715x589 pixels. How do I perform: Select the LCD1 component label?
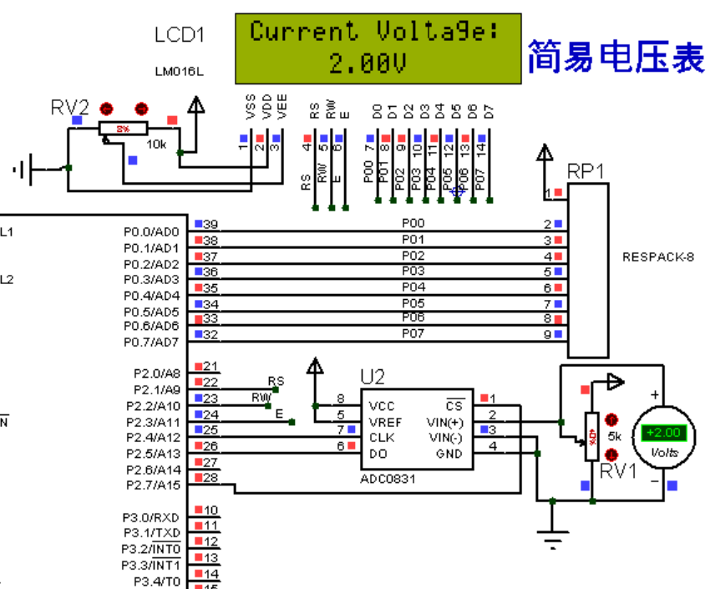tap(179, 35)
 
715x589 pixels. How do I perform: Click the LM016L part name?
tap(179, 72)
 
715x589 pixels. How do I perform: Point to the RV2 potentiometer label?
tap(70, 107)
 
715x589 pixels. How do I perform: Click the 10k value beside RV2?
tap(156, 144)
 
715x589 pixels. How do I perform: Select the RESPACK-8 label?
tap(658, 256)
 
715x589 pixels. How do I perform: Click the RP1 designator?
tap(586, 171)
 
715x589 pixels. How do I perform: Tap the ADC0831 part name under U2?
tap(388, 479)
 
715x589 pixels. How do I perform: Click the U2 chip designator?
tap(373, 377)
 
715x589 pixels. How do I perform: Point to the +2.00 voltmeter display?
tap(663, 433)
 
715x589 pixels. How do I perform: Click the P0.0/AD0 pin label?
tap(151, 231)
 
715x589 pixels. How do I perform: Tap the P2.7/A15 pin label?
tap(153, 485)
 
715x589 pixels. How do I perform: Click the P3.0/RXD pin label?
tap(151, 517)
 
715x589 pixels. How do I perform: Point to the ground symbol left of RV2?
tap(24, 170)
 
